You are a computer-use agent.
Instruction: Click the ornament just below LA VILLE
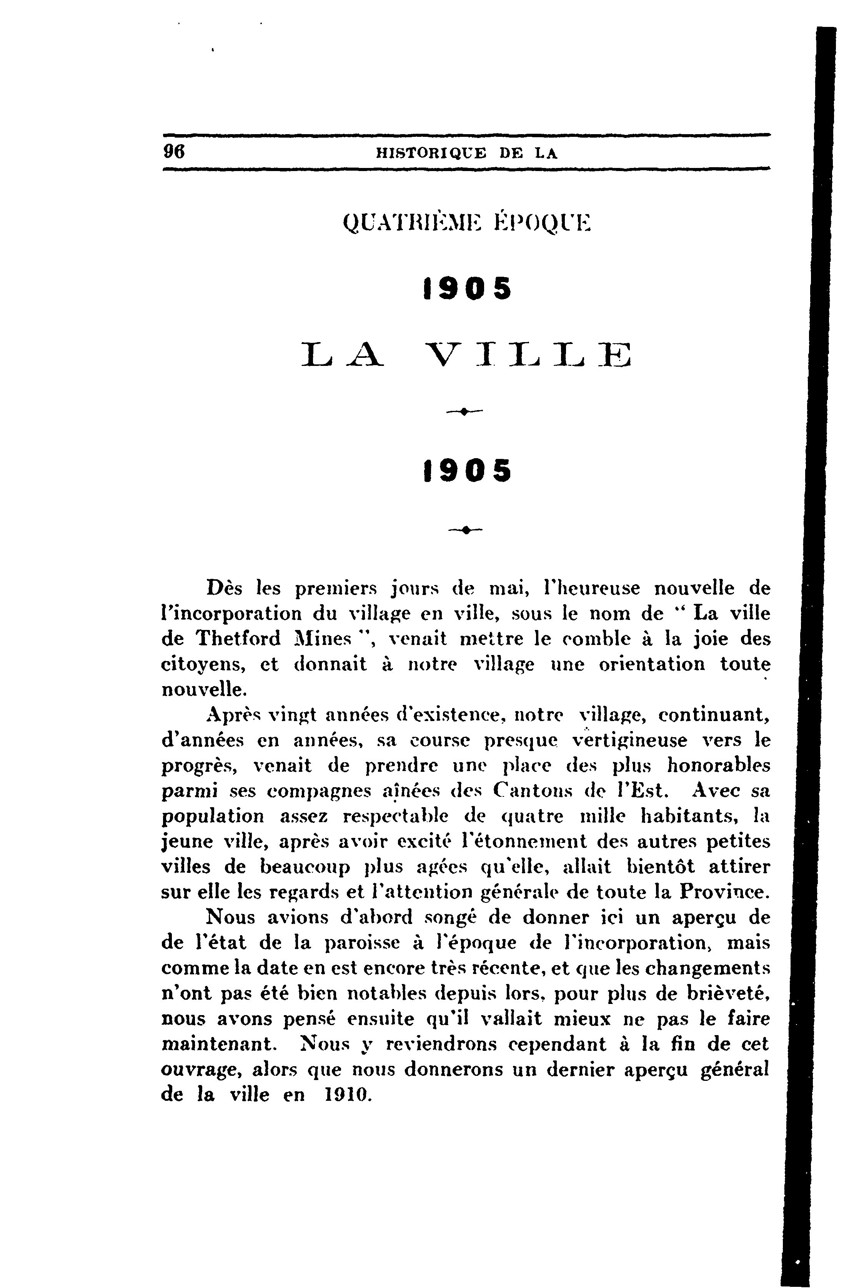pos(464,413)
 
